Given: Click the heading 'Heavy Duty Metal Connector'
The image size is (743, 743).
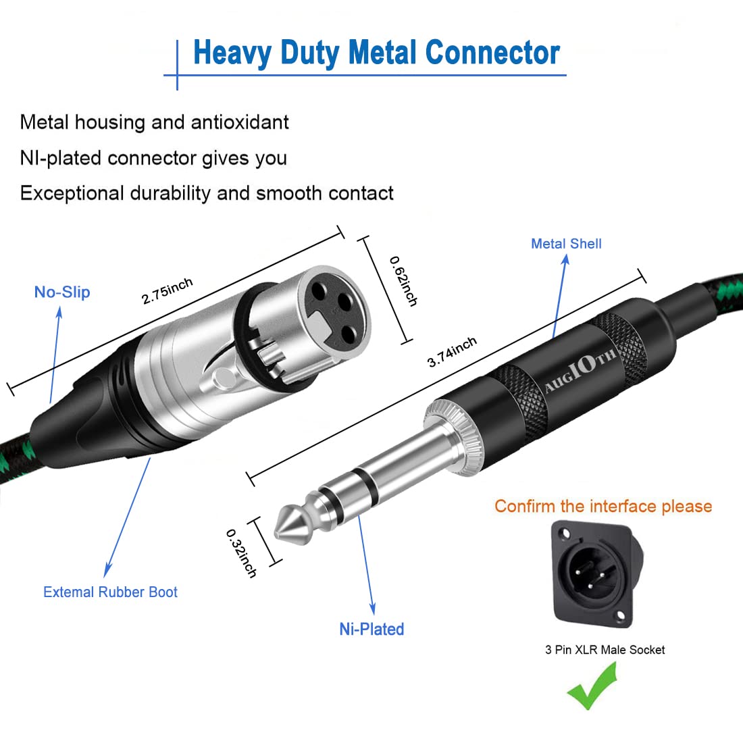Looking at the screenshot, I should tap(376, 53).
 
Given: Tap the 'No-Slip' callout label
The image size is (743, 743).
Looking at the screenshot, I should tap(62, 292).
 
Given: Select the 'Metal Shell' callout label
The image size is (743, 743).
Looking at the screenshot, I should tap(566, 244).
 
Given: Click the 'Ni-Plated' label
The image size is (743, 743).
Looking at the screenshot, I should tap(371, 629).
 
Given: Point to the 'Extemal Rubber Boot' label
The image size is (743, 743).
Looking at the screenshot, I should tap(110, 592).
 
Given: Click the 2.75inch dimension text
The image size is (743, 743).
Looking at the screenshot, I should tap(167, 291).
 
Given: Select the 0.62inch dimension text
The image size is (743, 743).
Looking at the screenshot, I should tap(403, 280).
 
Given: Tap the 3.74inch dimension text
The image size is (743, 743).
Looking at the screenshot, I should tap(452, 352).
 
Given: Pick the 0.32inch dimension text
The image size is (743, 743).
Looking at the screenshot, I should tap(241, 553).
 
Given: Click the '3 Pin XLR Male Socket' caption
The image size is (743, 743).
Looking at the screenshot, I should tap(605, 650).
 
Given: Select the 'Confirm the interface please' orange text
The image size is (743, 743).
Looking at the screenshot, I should tap(603, 507).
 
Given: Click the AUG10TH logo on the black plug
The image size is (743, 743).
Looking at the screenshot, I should tap(580, 371).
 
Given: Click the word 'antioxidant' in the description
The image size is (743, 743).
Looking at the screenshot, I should tap(240, 122).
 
